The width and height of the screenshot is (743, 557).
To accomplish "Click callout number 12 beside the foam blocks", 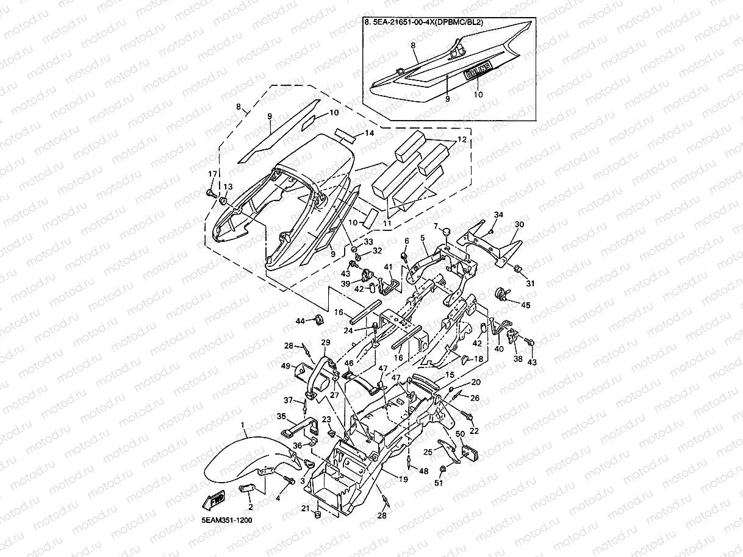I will [x=461, y=140].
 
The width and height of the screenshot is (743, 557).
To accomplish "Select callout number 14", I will [x=370, y=133].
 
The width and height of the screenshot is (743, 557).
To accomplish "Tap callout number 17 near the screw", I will [x=212, y=174].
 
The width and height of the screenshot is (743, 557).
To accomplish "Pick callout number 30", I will [x=520, y=224].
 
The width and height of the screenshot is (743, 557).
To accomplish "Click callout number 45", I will [x=525, y=305].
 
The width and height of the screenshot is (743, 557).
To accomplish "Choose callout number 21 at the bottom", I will [x=304, y=508].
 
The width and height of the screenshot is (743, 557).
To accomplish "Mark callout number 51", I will [x=439, y=483].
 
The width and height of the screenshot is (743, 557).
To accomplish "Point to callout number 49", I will [x=285, y=366].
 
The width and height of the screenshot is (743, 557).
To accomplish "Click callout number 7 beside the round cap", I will [x=436, y=226].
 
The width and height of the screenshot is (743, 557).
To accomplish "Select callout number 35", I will [x=281, y=416].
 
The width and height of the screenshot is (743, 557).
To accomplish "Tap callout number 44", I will [x=300, y=321].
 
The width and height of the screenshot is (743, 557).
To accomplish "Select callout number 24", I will [x=348, y=331].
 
